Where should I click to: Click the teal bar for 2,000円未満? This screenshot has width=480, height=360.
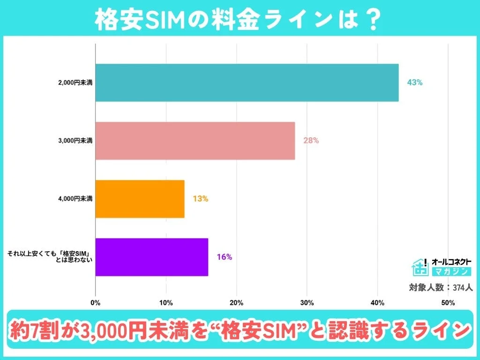tap(247, 83)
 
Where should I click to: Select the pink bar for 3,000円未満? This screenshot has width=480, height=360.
tap(195, 141)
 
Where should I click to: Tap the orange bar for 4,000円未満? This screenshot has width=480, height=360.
tap(140, 199)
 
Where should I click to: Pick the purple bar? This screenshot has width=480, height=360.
tap(151, 257)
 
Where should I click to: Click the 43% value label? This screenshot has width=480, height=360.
tap(415, 82)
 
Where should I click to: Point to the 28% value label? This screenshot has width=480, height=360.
tap(311, 140)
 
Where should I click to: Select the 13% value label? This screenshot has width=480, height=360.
tap(200, 199)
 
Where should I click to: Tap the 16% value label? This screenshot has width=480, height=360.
tap(224, 257)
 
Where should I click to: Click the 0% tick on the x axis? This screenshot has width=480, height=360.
tap(95, 303)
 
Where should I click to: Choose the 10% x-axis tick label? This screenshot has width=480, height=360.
tap(166, 303)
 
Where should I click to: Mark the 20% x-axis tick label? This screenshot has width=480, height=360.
tap(237, 303)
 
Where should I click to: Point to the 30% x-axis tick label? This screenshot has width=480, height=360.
tap(307, 303)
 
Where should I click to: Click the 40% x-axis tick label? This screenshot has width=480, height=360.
tap(378, 303)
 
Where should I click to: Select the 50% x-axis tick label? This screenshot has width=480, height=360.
tap(448, 303)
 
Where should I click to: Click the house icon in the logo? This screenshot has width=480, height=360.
tap(420, 267)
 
